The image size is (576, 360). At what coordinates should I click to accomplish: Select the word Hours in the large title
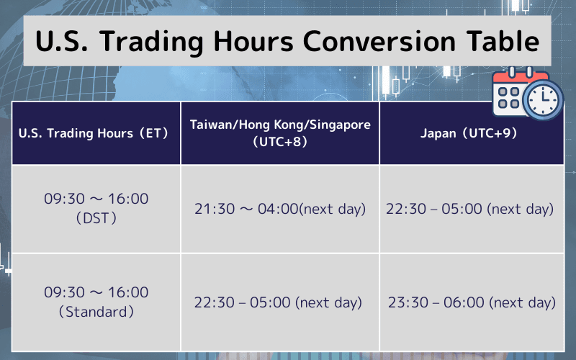click(251, 42)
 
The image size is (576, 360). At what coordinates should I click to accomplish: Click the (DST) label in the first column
click(96, 219)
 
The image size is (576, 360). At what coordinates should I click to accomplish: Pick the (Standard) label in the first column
click(96, 312)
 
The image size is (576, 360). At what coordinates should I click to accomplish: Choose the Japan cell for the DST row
click(469, 210)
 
